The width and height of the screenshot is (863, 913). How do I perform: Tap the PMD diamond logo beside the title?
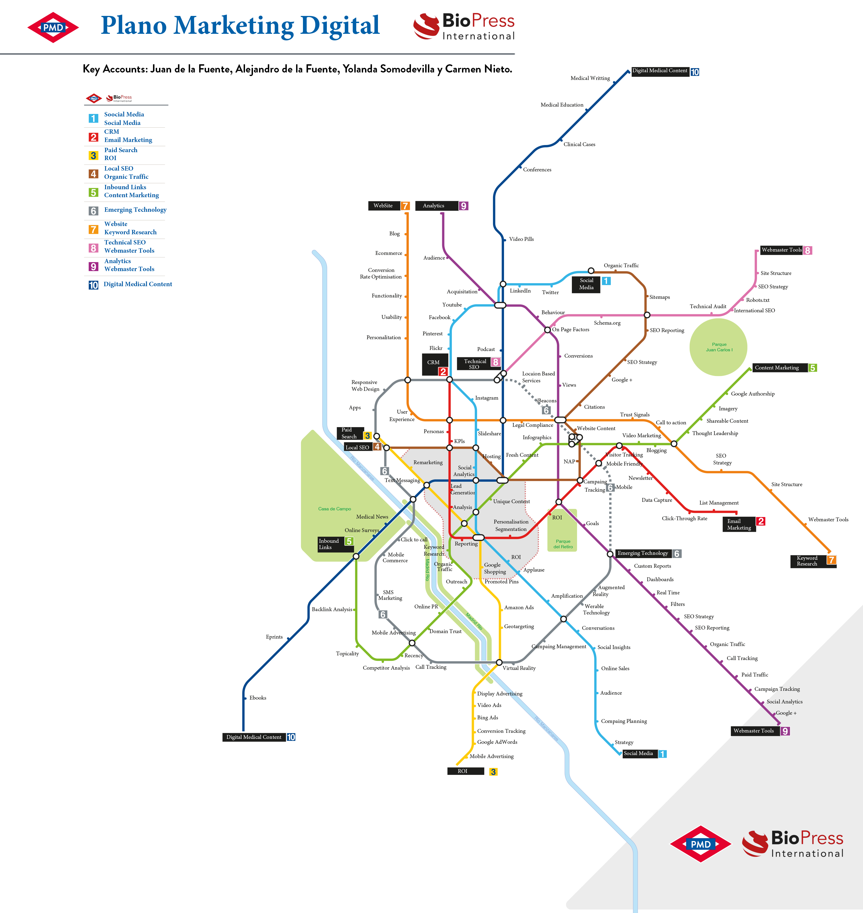[x=53, y=27]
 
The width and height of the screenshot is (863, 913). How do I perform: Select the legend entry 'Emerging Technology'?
[x=135, y=210]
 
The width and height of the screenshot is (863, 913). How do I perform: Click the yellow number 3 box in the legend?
[x=93, y=155]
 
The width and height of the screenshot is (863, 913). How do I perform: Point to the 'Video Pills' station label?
[x=521, y=239]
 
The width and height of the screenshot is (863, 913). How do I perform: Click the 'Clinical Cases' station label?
[x=579, y=144]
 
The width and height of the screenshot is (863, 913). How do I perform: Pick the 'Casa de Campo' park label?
[x=335, y=509]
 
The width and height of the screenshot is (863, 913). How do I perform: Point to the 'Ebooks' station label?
[x=258, y=698]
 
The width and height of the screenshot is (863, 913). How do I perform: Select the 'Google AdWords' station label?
[x=497, y=742]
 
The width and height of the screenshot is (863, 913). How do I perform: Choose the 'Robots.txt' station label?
[x=757, y=300]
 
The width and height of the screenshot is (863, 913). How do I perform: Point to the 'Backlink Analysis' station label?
[x=332, y=609]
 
